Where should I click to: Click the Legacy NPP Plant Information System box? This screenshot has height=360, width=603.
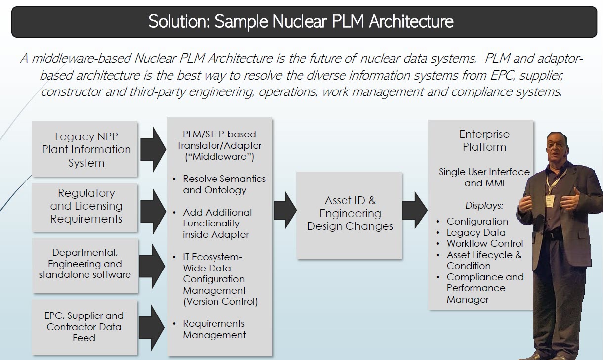85,149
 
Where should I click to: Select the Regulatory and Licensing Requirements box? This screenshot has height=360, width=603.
85,206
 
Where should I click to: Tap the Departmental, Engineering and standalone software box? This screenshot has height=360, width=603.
85,264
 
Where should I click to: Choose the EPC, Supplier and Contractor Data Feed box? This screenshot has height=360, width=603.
85,326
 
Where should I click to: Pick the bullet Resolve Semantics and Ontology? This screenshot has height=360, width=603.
224,184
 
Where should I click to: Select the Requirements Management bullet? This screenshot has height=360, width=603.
214,329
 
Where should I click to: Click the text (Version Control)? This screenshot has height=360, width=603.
220,301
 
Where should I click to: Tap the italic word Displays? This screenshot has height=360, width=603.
484,205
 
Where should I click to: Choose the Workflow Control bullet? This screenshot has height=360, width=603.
484,243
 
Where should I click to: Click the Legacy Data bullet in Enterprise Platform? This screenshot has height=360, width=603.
475,232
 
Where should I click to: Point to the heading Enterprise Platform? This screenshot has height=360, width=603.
484,140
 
